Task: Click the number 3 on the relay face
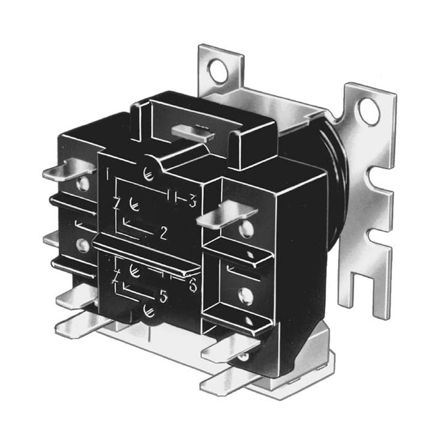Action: pyautogui.click(x=193, y=202)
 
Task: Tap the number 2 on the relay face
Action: pyautogui.click(x=163, y=233)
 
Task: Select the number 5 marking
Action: pyautogui.click(x=163, y=298)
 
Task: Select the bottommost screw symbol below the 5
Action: pyautogui.click(x=148, y=310)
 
